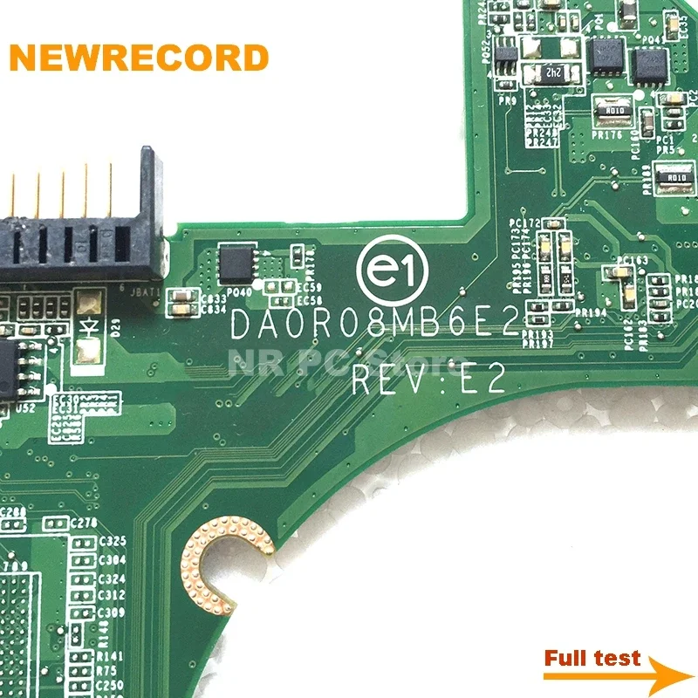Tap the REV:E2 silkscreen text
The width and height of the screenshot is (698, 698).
pos(428,380)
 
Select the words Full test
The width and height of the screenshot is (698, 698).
pos(592,658)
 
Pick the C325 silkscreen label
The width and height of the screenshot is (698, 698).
pos(113,542)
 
